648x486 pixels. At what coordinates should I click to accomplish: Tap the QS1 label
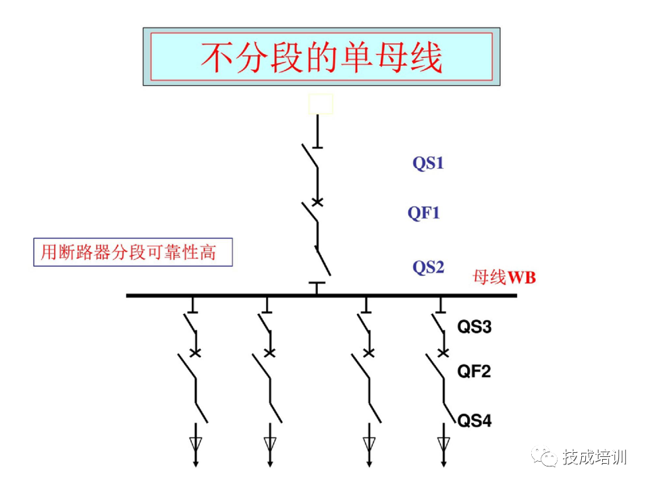click(429, 163)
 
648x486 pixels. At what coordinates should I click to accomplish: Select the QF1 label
click(423, 213)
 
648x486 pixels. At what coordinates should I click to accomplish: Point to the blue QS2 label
click(429, 267)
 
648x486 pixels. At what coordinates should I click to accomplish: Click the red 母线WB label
click(504, 277)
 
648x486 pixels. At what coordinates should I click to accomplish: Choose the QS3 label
click(475, 328)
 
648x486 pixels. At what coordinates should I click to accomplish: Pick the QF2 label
click(474, 371)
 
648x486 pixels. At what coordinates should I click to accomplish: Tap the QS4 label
click(475, 421)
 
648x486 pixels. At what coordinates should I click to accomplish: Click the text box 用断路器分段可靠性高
click(133, 252)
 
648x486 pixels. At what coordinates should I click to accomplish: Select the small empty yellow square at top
click(321, 104)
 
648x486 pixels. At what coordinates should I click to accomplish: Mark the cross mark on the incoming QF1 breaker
click(317, 202)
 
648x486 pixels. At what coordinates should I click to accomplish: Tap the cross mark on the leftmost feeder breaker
click(196, 352)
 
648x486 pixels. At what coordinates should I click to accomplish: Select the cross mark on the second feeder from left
click(269, 352)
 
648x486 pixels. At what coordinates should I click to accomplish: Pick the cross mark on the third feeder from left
click(369, 352)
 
